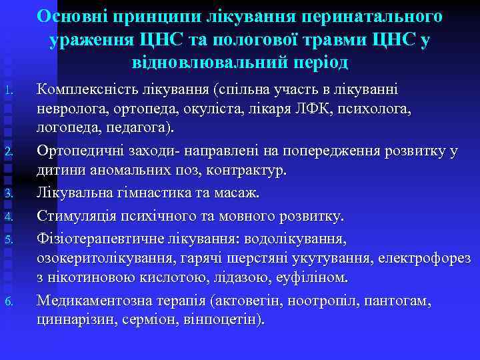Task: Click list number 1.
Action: pos(8,90)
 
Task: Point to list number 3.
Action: pos(8,194)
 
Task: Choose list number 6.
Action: pos(8,303)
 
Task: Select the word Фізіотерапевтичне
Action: pos(100,238)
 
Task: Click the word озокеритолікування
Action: pos(101,257)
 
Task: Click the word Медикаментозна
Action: pos(94,301)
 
